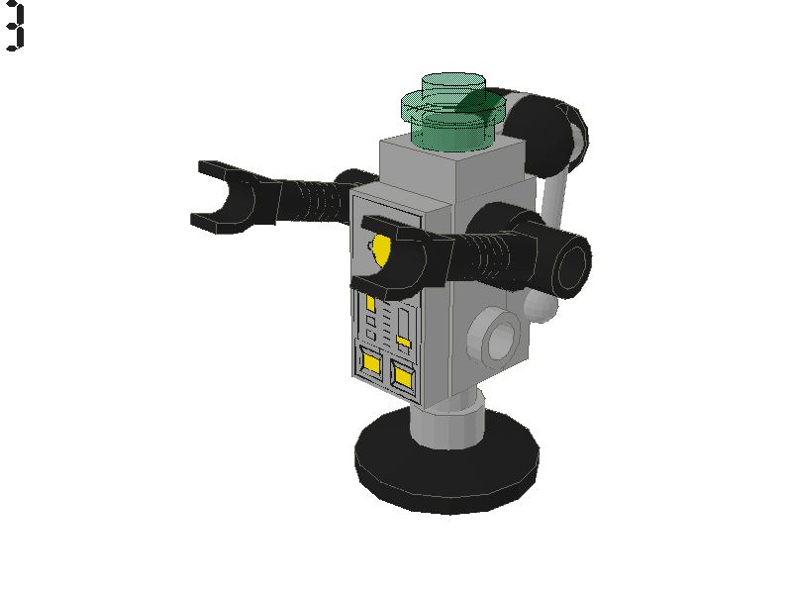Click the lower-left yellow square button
point(372,363)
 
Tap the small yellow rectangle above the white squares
point(371,303)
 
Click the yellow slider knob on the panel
point(404,342)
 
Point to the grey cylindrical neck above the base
point(445,421)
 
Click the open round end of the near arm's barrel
point(572,263)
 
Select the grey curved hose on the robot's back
point(554,198)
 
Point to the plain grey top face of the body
point(445,164)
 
